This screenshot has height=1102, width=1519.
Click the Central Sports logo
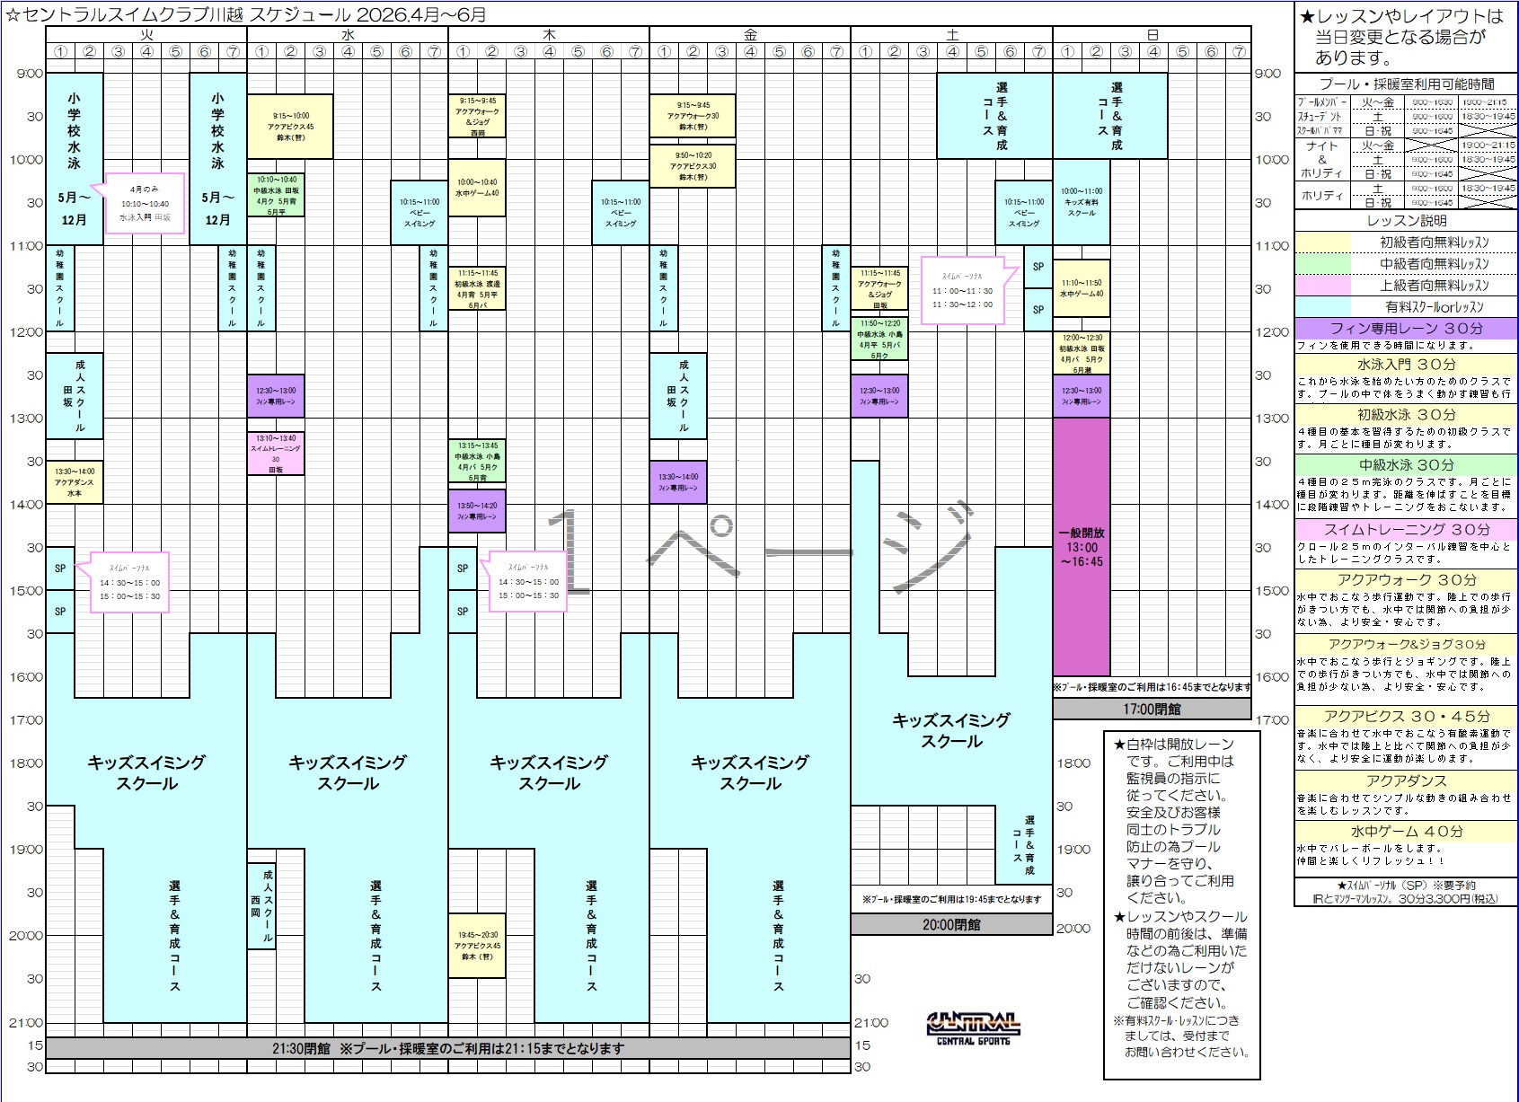[973, 1027]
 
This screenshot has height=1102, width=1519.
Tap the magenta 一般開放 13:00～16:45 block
[1082, 546]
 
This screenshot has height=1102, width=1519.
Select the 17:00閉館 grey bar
[1152, 709]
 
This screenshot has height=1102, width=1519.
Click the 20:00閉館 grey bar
[951, 924]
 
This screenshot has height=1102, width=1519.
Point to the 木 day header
[549, 35]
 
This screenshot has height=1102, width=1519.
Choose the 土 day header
[951, 35]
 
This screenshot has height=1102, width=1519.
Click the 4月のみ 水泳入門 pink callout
[145, 204]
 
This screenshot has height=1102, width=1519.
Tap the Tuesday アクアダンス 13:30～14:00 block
[75, 482]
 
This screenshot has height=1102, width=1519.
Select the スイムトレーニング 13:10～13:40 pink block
[276, 453]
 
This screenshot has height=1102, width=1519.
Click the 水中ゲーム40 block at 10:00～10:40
[477, 188]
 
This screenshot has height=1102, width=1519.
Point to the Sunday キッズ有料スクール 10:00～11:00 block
[1082, 202]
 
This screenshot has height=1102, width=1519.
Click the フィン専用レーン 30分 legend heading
[1406, 329]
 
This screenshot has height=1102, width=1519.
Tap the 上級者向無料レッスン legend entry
[1434, 286]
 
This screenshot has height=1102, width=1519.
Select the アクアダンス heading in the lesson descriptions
[1406, 781]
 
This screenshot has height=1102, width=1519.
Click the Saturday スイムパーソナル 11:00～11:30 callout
[961, 290]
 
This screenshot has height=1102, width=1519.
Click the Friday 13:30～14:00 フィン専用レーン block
[678, 482]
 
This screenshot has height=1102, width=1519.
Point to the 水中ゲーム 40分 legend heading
[1406, 832]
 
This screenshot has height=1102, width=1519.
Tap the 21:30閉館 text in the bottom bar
[302, 1048]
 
